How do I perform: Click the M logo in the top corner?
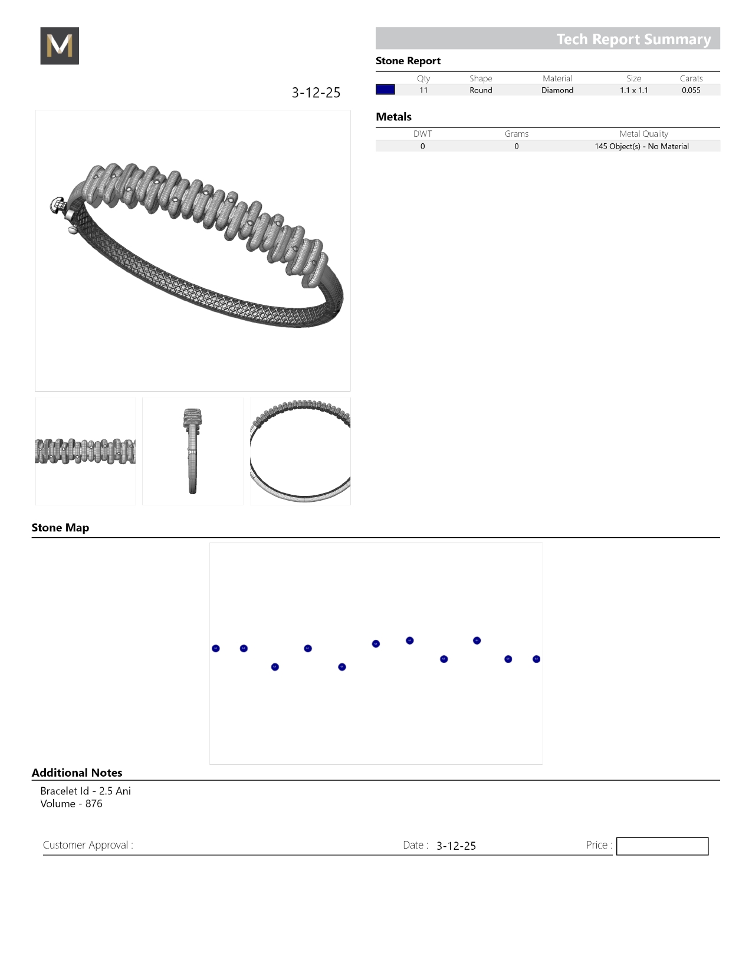[60, 45]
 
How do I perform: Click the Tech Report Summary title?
[633, 39]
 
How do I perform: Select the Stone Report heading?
[408, 61]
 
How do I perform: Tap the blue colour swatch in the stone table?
[385, 90]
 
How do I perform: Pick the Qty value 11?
[423, 90]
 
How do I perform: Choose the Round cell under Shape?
[481, 90]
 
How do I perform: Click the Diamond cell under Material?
[557, 90]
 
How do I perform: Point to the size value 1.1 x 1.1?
[634, 90]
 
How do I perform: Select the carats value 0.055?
[691, 90]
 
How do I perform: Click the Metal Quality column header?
[643, 134]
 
